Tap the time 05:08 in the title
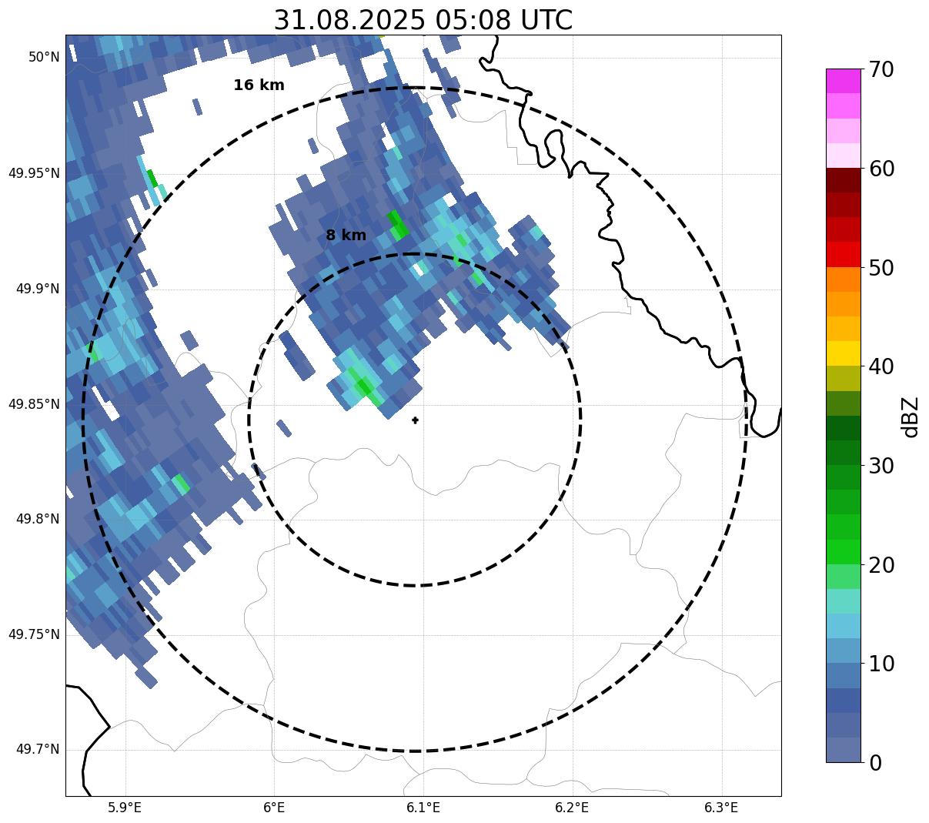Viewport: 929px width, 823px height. pyautogui.click(x=470, y=20)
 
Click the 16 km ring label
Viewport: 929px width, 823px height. pyautogui.click(x=259, y=85)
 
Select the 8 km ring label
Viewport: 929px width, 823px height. pyautogui.click(x=346, y=236)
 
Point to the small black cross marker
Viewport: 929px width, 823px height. pyautogui.click(x=416, y=420)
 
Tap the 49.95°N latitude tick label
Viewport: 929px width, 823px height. pyautogui.click(x=34, y=173)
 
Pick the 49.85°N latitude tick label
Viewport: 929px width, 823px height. pyautogui.click(x=34, y=404)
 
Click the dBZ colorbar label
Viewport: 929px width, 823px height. pyautogui.click(x=911, y=417)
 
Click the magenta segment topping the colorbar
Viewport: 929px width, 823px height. pyautogui.click(x=844, y=81)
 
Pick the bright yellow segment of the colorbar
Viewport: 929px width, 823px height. pyautogui.click(x=844, y=353)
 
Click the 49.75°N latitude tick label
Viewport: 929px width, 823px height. pyautogui.click(x=34, y=634)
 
